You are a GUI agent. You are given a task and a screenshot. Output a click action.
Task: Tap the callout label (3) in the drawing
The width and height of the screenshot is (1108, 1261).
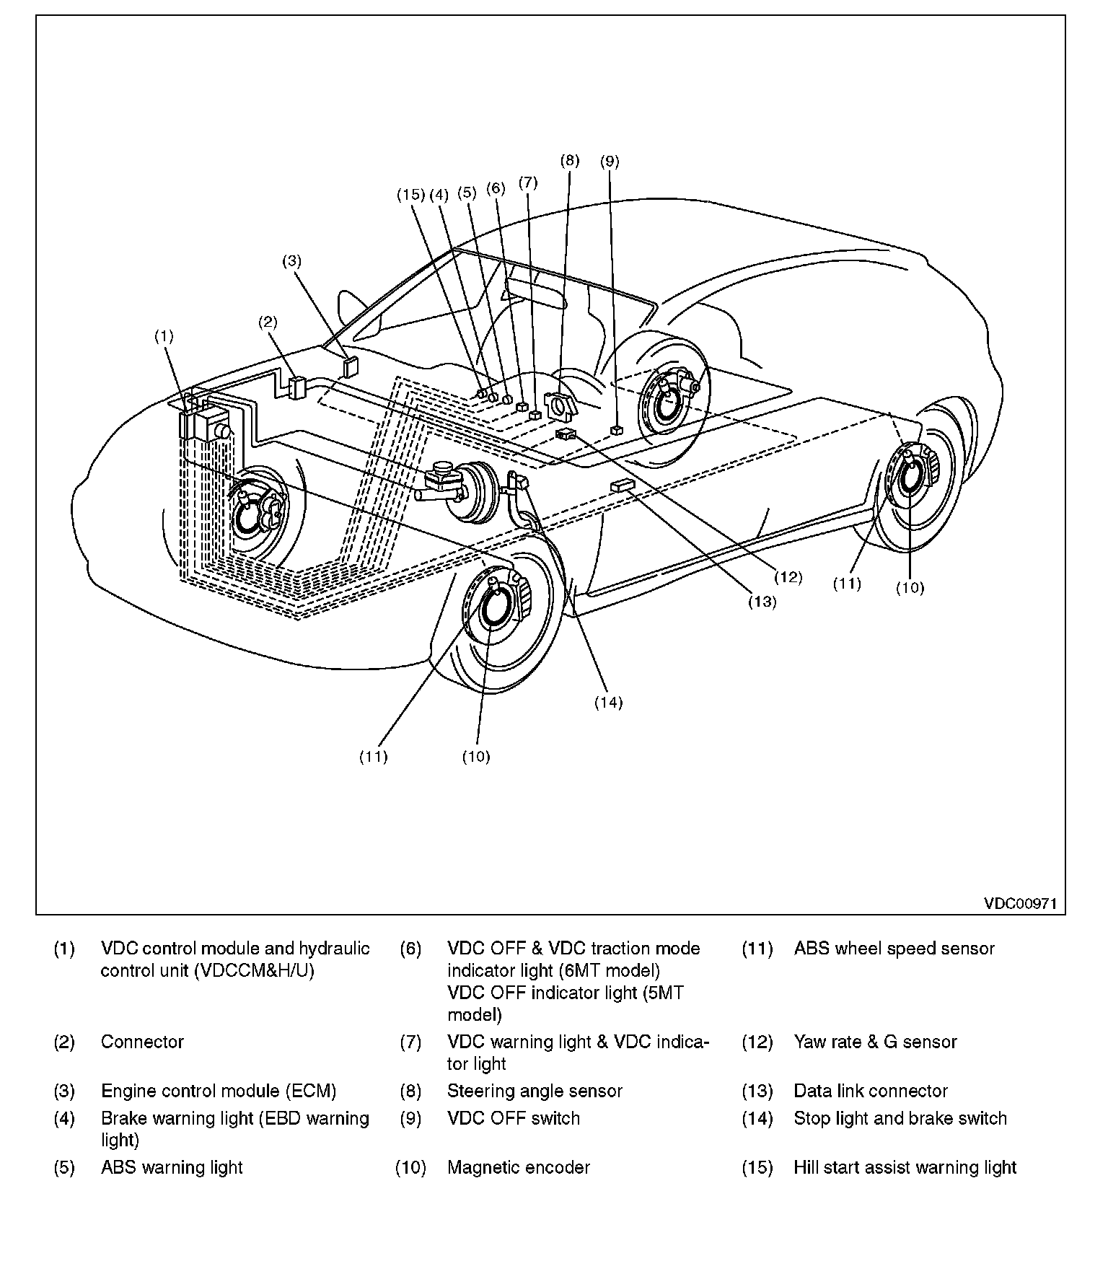(x=291, y=262)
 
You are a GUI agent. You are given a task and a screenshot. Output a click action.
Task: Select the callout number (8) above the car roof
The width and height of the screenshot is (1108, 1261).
(x=570, y=161)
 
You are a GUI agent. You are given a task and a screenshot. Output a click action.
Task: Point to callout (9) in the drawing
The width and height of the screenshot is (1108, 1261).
(x=610, y=162)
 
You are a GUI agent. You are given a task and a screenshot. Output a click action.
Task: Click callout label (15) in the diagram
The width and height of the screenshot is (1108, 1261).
(x=411, y=194)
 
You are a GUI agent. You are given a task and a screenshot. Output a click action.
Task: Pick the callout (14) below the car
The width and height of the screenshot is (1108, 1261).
(x=608, y=703)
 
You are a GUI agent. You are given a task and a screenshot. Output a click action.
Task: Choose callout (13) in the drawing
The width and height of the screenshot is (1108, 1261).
(x=762, y=602)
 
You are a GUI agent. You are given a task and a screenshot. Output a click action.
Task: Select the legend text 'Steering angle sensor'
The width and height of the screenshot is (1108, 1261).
(x=535, y=1091)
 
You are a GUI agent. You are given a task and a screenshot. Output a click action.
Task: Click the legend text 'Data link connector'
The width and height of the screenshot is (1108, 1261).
(x=871, y=1091)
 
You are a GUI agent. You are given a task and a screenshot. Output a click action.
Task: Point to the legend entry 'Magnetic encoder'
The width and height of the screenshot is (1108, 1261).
(x=519, y=1167)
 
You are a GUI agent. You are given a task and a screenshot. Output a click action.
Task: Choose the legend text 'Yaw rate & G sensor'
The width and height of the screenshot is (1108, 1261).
(x=875, y=1042)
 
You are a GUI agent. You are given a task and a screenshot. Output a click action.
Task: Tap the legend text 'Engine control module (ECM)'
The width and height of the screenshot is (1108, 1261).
(x=219, y=1091)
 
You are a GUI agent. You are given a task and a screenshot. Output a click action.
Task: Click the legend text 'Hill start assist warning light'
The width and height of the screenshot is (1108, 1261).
(x=905, y=1167)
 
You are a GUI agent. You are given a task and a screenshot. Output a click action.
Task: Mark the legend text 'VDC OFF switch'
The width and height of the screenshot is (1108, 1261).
(x=514, y=1118)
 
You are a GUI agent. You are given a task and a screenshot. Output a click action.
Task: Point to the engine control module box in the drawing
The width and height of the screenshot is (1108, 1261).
(x=350, y=367)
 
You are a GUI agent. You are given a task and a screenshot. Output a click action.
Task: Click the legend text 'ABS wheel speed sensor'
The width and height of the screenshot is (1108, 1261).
(x=894, y=949)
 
